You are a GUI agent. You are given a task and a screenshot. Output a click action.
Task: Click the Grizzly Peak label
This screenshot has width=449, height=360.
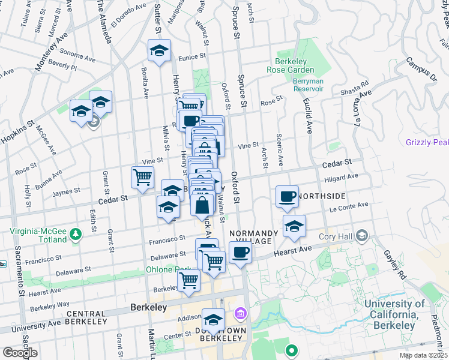(427, 142)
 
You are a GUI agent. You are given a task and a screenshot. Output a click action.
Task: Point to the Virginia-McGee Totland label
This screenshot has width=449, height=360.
(38, 235)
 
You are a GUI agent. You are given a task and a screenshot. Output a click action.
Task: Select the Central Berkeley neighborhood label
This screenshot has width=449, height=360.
(86, 317)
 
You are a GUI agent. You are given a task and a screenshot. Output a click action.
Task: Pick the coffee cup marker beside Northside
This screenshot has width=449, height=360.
(288, 196)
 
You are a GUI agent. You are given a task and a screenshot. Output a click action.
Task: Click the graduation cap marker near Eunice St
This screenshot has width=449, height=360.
(159, 51)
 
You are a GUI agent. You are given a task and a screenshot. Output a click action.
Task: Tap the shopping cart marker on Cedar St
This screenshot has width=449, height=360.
(142, 178)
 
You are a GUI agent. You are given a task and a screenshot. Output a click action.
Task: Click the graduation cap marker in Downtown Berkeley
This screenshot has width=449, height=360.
(213, 319)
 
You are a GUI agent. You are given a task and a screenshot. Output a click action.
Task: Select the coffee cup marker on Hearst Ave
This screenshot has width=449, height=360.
(240, 253)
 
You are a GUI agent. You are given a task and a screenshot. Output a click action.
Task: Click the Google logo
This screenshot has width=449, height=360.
(19, 353)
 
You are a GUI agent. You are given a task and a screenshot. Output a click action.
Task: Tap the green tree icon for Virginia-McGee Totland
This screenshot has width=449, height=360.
(75, 232)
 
